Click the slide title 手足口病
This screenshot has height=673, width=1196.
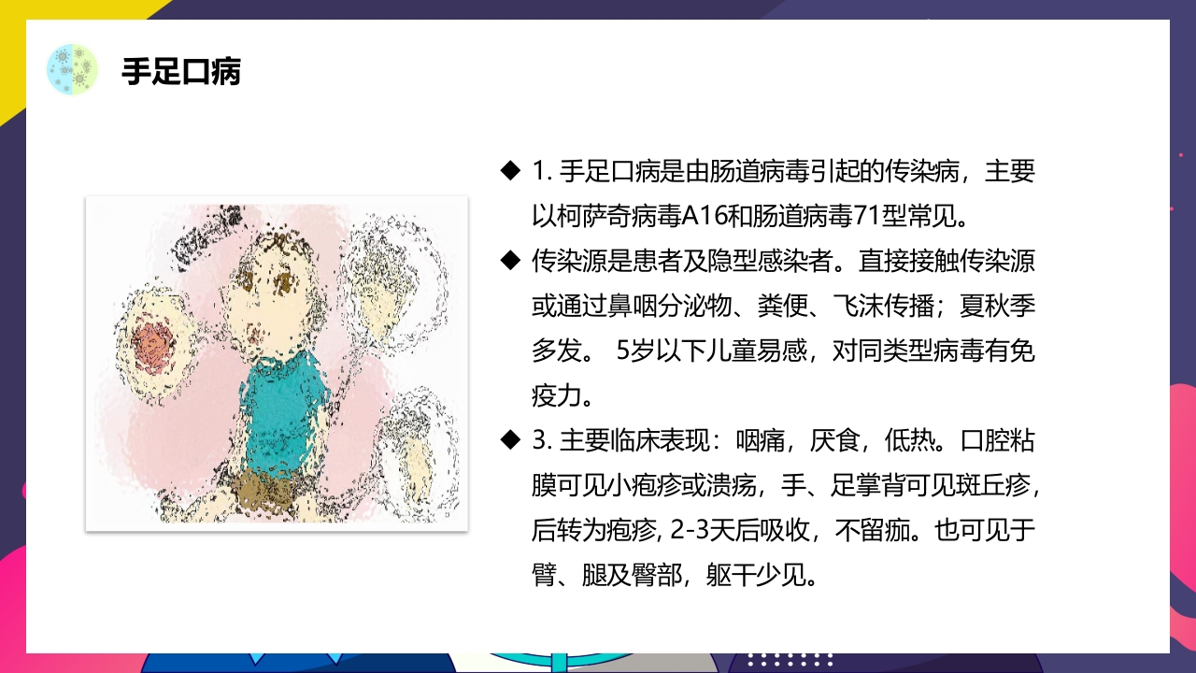181,72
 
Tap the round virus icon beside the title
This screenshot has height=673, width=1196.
72,68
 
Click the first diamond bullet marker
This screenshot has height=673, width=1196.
509,171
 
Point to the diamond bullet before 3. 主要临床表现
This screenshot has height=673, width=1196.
509,440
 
